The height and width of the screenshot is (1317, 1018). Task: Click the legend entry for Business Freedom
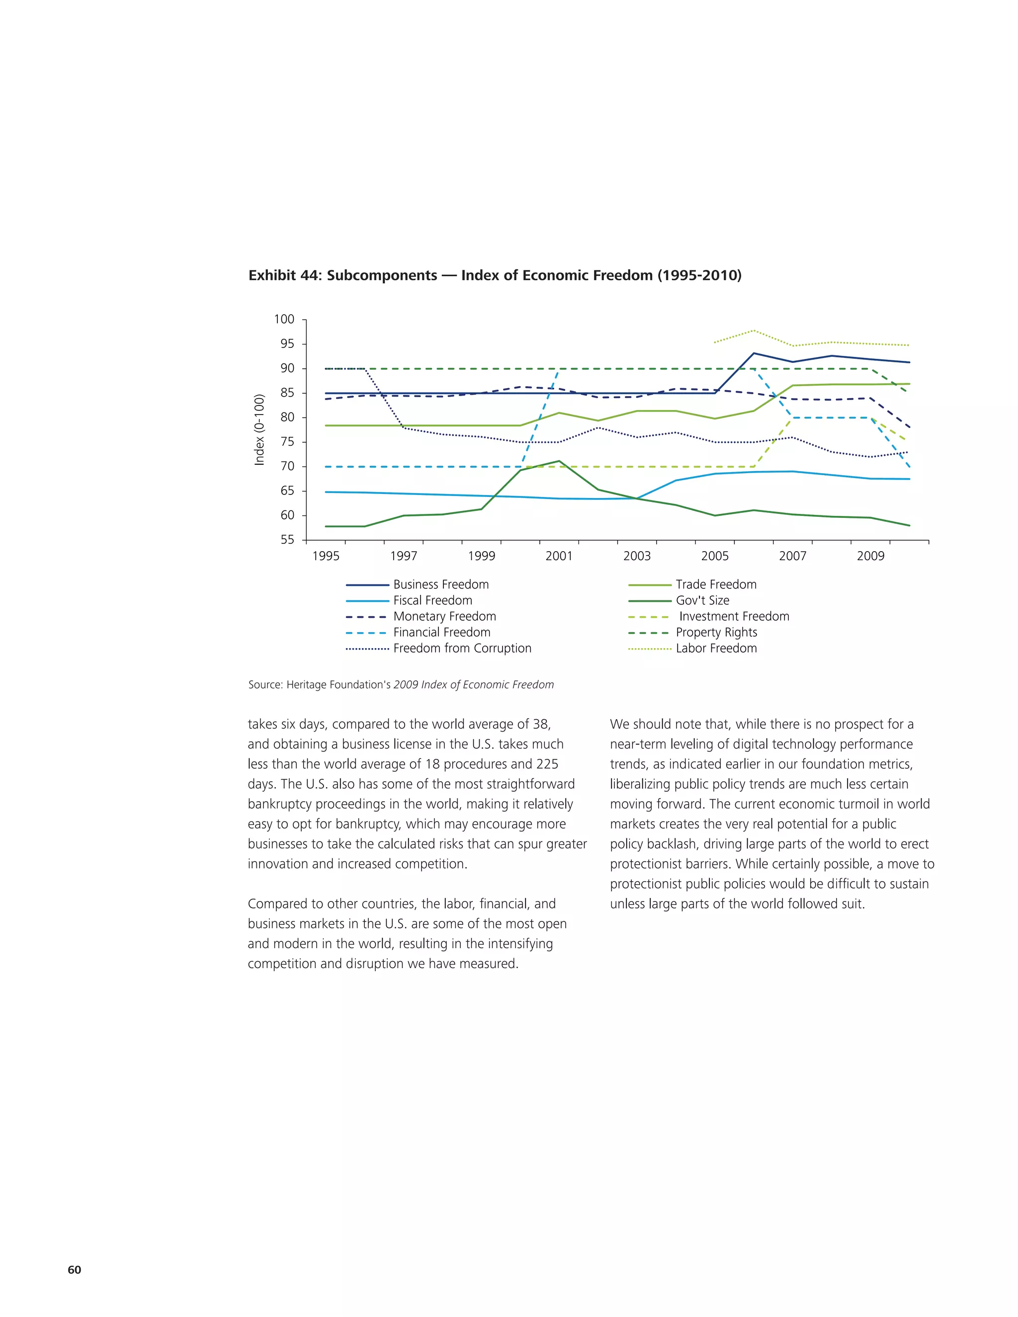point(440,584)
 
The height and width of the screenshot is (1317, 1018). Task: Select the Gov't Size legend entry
point(702,600)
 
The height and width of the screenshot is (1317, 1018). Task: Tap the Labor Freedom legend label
point(716,648)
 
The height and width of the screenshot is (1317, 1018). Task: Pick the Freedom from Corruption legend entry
point(462,648)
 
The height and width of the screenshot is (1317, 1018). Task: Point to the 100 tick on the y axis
point(284,320)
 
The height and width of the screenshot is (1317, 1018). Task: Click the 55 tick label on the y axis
point(287,540)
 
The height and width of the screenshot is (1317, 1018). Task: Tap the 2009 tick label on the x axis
point(870,556)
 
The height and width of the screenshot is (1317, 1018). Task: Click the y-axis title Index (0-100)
point(260,429)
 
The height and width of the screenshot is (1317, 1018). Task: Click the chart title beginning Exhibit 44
point(495,276)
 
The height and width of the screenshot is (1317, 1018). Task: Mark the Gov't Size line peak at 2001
point(559,461)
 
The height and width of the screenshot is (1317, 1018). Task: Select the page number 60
point(74,1269)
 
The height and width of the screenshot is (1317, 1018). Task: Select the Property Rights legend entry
point(716,633)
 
